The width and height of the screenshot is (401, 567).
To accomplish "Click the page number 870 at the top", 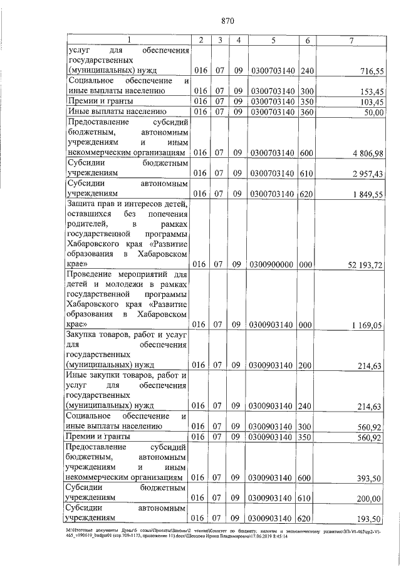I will tap(227, 21).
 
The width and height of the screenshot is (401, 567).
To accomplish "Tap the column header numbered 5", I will tap(274, 40).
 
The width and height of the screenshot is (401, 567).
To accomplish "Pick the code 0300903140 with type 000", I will tap(274, 325).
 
